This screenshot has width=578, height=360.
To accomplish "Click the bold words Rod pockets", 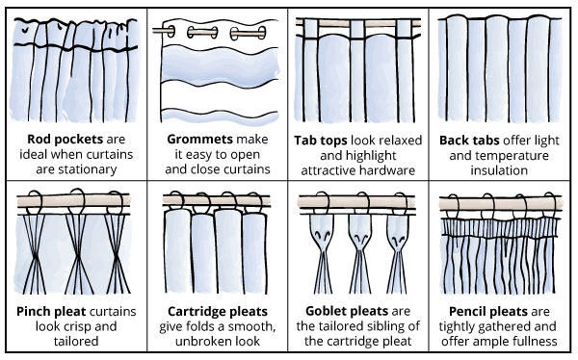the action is coord(66,140).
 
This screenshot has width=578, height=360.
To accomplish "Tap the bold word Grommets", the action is coord(199,140).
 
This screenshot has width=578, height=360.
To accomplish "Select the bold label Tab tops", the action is coord(321,141).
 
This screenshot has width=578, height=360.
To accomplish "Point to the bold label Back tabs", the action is coord(469,141).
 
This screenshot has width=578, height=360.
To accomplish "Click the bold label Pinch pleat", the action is coord(51,311).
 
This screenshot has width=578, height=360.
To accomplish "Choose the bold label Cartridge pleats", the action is coord(218,311).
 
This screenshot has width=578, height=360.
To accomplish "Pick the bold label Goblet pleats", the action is coord(347,311).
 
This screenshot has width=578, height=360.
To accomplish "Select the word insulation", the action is coord(499,170).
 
